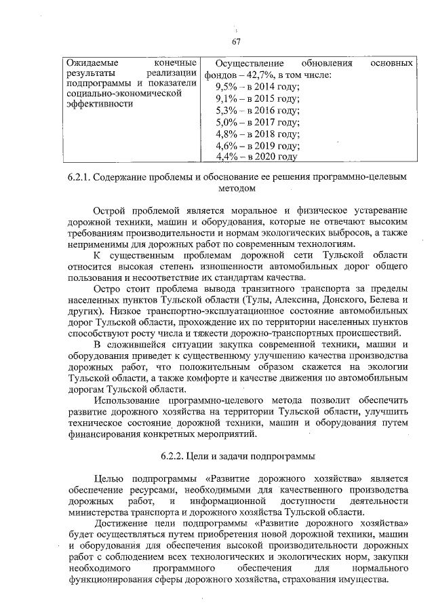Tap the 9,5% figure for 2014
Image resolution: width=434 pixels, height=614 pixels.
(226, 87)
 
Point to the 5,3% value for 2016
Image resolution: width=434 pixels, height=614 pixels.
(226, 111)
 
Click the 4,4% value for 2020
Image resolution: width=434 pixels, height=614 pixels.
(226, 157)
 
